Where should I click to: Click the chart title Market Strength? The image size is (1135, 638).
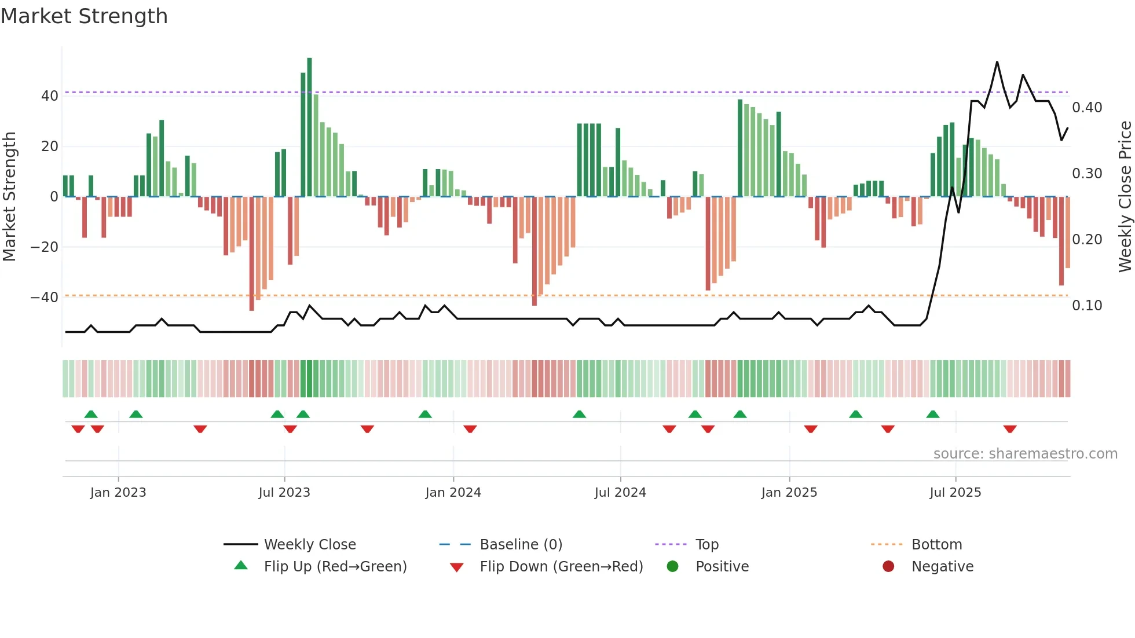tap(84, 16)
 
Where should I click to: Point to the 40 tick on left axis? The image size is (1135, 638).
tap(50, 96)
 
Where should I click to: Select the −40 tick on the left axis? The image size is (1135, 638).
tap(45, 297)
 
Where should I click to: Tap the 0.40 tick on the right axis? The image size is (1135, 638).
tap(1087, 107)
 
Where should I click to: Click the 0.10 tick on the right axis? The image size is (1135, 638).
tap(1087, 305)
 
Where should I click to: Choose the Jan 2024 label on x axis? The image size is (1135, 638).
tap(453, 493)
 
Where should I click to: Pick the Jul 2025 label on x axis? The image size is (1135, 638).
tap(955, 493)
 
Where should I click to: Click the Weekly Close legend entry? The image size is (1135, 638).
tap(309, 544)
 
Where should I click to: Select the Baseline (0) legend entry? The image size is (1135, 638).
tap(521, 544)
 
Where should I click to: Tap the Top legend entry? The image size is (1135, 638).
tap(706, 544)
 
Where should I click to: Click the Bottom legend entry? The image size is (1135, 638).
tap(936, 544)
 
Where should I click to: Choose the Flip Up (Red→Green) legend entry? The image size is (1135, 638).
tap(335, 566)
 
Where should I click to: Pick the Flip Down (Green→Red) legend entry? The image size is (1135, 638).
tap(561, 566)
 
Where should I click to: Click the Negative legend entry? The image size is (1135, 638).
tap(942, 566)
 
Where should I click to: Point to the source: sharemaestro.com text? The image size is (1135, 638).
tap(1025, 454)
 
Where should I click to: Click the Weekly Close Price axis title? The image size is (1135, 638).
tap(1125, 196)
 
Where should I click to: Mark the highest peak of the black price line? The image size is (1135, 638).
tap(997, 62)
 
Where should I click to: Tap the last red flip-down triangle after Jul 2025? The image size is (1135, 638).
tap(1010, 429)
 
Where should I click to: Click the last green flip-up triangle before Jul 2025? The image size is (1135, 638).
tap(932, 414)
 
